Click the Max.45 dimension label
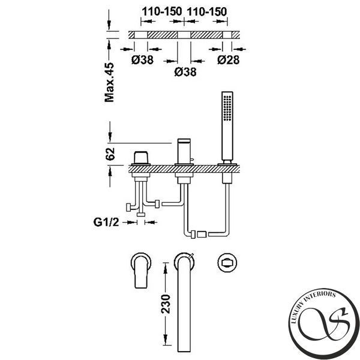click(109, 82)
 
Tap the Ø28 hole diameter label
click(229, 60)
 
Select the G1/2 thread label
click(106, 222)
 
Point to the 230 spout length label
click(166, 304)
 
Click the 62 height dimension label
click(110, 154)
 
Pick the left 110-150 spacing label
click(162, 11)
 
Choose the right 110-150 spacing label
click(207, 11)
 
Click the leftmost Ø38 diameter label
click(142, 60)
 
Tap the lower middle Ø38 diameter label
click(185, 72)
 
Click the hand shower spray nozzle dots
click(227, 108)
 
